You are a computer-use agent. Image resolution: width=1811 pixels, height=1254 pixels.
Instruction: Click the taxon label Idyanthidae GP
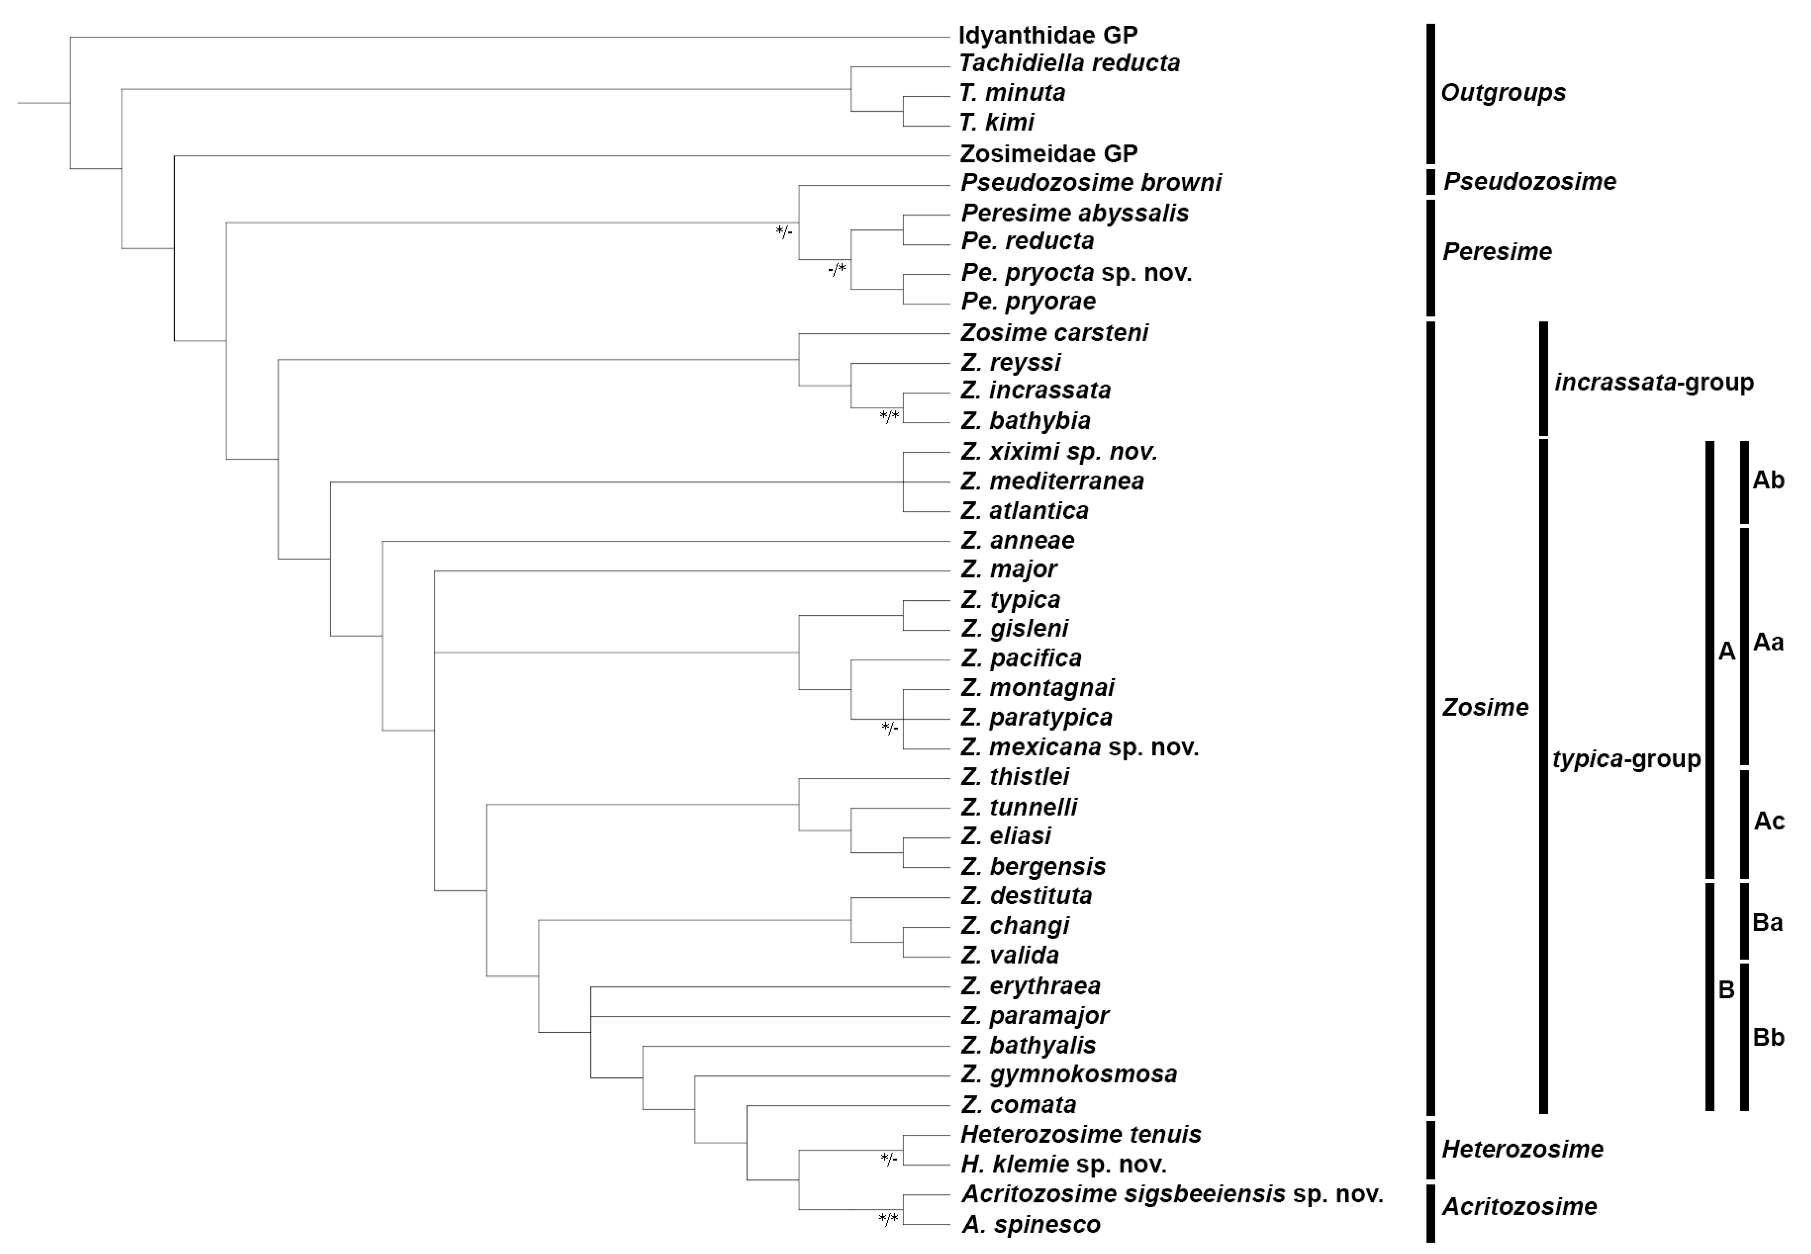point(1047,35)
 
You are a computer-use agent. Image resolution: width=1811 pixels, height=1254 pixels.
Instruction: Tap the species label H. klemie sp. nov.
point(1063,1164)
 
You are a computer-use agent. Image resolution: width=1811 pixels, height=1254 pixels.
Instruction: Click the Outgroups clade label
point(1502,93)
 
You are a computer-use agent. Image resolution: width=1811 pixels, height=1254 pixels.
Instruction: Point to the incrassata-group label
point(1653,383)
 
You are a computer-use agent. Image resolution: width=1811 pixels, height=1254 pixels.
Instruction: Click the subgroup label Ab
point(1768,480)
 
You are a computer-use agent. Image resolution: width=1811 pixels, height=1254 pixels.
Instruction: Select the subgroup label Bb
point(1768,1038)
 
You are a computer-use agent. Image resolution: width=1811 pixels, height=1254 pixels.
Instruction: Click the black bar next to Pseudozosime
point(1431,182)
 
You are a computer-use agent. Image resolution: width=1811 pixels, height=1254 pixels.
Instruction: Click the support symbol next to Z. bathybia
point(888,416)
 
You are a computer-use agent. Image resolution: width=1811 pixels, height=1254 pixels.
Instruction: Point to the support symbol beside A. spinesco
point(888,1219)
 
